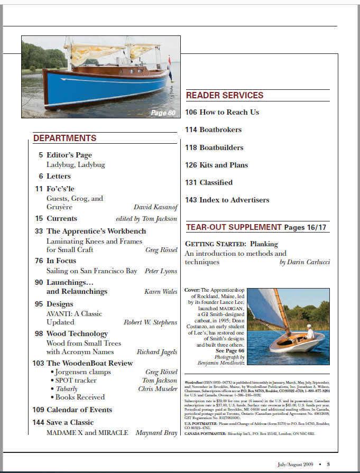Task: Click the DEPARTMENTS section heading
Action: tap(65, 138)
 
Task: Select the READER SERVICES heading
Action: tap(225, 96)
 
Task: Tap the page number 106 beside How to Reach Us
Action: tap(191, 112)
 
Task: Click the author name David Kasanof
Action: tap(156, 208)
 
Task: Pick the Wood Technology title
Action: tap(77, 333)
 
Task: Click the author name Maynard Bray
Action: tap(156, 433)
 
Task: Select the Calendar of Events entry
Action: tap(79, 410)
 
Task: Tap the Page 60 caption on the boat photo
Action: tap(163, 113)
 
